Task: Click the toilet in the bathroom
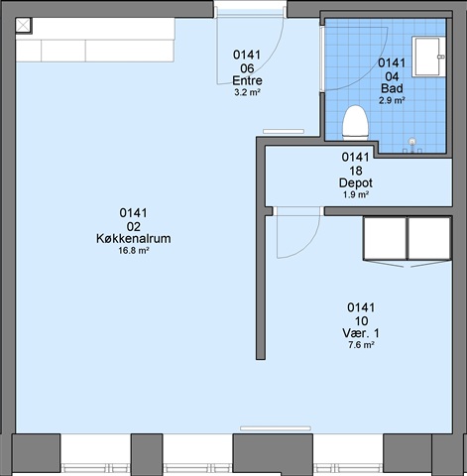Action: [355, 123]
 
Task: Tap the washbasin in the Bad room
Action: [428, 57]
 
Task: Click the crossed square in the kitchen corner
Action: [23, 25]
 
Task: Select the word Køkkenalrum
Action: [134, 238]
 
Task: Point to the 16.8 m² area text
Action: [134, 251]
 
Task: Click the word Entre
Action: [247, 80]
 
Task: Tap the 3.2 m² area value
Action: [247, 92]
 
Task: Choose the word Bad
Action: [392, 88]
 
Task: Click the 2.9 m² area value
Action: [392, 100]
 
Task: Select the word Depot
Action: [356, 182]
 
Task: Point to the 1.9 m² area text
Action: [356, 194]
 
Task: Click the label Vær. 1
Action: [361, 333]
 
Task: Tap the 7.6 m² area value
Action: [361, 345]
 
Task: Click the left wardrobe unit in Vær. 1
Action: [385, 238]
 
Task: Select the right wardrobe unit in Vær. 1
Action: [429, 238]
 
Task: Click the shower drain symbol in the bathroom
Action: [411, 142]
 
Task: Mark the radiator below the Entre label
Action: [284, 132]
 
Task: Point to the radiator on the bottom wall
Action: [276, 428]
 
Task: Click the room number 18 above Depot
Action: [356, 171]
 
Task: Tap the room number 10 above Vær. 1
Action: [361, 320]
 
